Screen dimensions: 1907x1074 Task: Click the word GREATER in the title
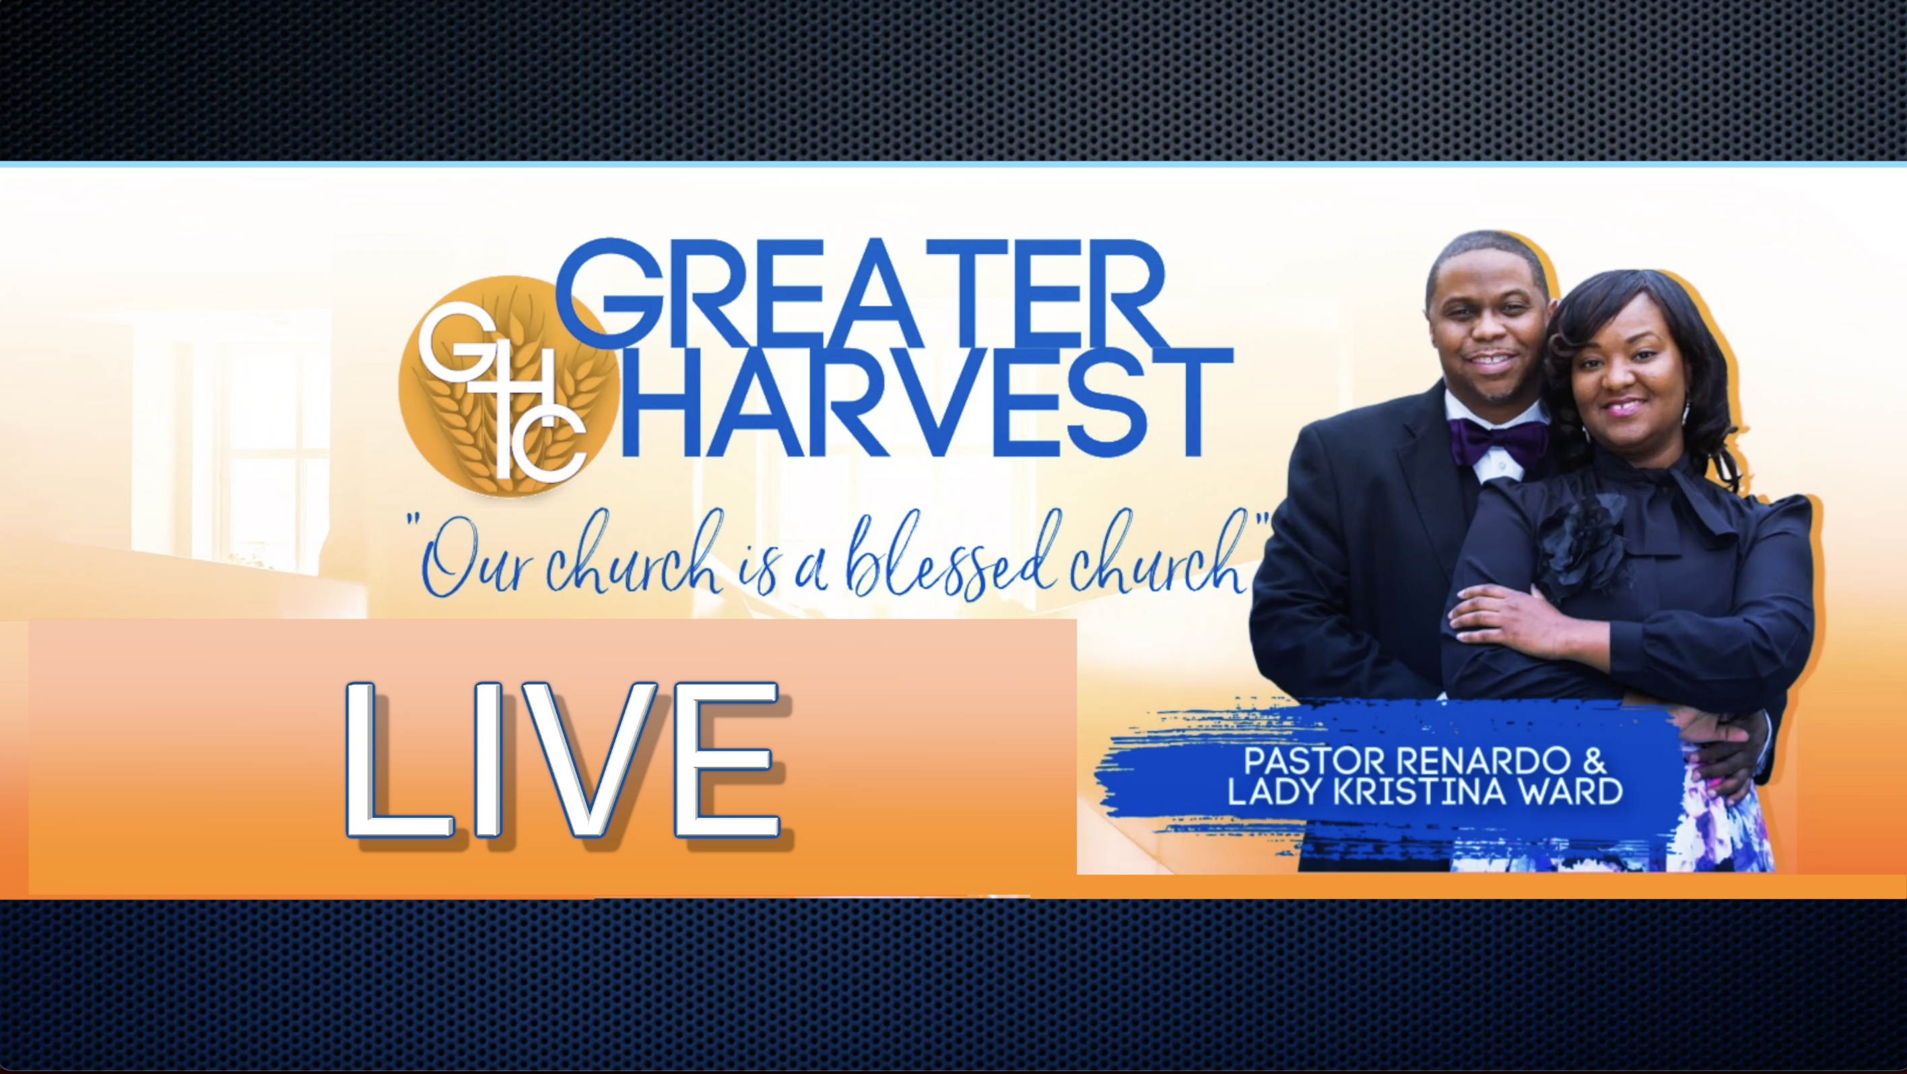[x=859, y=294]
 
